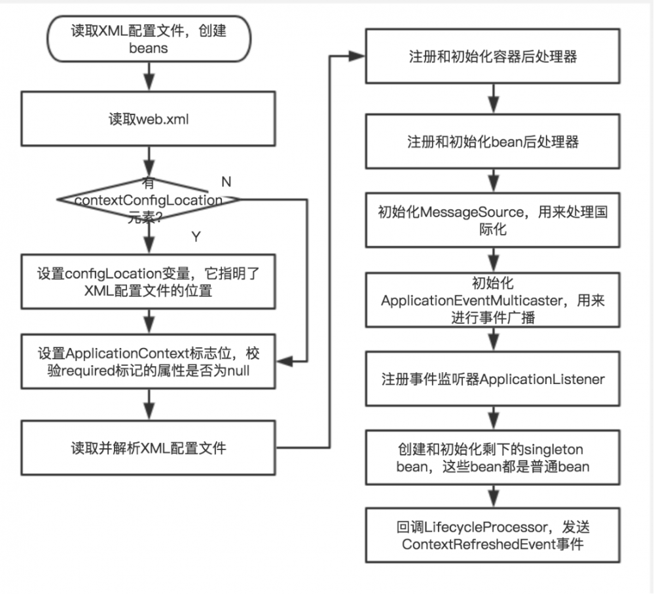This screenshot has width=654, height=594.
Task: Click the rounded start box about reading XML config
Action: (150, 39)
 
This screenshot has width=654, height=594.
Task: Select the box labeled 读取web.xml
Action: (150, 120)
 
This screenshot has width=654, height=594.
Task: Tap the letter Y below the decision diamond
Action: (195, 236)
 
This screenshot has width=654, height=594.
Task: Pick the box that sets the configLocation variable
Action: (150, 283)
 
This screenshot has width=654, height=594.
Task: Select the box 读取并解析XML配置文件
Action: (150, 448)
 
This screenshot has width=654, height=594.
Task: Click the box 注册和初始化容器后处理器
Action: (492, 57)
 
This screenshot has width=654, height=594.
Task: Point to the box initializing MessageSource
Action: (492, 221)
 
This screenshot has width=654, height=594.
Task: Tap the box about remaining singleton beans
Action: (492, 458)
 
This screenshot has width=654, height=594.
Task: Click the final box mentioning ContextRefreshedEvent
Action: (492, 536)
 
